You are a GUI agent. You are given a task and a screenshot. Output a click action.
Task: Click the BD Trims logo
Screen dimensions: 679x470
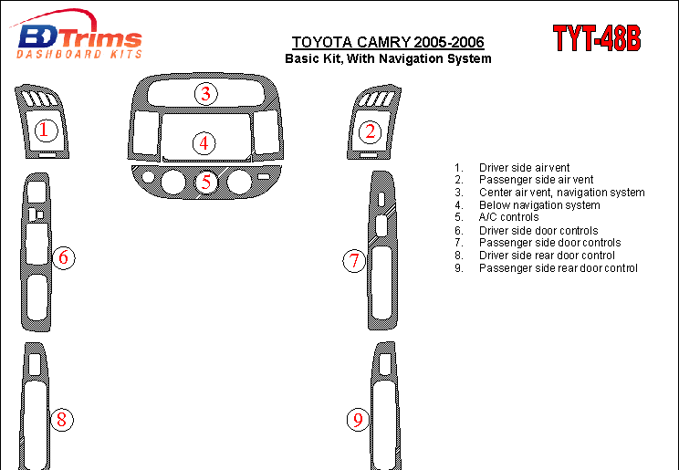[76, 35]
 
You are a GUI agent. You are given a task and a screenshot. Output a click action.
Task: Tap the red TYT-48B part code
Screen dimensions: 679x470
[597, 38]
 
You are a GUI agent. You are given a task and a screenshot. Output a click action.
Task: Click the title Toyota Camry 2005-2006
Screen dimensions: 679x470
[388, 42]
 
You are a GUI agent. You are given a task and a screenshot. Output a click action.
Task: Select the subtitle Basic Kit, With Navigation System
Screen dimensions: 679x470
[388, 58]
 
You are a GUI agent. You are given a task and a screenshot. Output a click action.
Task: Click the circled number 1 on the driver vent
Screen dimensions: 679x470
[46, 130]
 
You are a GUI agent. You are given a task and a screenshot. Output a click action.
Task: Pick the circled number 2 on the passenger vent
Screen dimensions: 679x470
[370, 131]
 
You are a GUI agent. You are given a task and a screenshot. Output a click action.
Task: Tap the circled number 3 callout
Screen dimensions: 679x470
[205, 94]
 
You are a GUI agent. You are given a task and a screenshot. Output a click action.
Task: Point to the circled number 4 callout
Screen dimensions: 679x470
[204, 143]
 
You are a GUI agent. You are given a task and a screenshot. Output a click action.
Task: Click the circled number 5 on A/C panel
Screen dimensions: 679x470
[206, 182]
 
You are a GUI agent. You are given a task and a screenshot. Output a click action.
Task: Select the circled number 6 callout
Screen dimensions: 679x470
[64, 257]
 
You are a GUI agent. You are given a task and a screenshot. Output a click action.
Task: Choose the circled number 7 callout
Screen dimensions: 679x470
[354, 261]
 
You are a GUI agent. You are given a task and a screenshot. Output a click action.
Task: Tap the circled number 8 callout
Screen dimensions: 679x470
[62, 420]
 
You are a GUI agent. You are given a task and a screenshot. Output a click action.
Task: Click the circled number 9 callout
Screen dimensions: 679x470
[358, 420]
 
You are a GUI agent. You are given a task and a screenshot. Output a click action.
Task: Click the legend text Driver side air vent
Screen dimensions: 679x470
[524, 168]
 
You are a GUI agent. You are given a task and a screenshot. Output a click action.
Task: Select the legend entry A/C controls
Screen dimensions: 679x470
[509, 217]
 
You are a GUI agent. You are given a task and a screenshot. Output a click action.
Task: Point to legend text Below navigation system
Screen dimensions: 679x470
[539, 205]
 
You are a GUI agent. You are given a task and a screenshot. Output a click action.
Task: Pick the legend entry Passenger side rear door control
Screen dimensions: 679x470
[559, 268]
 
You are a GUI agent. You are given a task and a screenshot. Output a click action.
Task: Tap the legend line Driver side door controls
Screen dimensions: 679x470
[538, 231]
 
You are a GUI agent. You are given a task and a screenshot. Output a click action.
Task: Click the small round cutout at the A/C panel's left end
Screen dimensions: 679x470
[148, 177]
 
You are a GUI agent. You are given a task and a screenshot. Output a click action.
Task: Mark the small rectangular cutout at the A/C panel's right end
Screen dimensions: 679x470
[264, 176]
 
